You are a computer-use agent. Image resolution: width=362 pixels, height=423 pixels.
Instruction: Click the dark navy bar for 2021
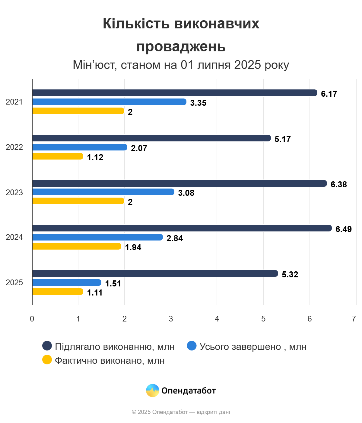coord(174,93)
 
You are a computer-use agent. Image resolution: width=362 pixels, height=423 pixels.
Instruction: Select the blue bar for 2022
coord(80,147)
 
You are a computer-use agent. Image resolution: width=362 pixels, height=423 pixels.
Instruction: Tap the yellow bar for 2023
coord(78,201)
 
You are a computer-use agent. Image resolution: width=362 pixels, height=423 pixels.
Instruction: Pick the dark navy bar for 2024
coord(182,228)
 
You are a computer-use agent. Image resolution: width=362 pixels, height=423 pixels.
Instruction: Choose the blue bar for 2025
coord(67,283)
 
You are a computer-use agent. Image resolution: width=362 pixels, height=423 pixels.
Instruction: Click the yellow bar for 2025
coord(58,292)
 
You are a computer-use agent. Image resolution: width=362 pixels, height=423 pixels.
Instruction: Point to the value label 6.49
coord(344,229)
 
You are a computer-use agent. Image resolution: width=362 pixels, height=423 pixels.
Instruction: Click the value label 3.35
coord(198,103)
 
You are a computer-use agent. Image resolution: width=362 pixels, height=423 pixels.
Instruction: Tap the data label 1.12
coord(95,157)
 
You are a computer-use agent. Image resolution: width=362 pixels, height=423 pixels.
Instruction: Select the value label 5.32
coord(290,274)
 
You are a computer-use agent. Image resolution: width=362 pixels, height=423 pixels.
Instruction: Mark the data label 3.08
coord(186,193)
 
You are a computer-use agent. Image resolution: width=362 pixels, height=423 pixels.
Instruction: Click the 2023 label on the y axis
coord(14,192)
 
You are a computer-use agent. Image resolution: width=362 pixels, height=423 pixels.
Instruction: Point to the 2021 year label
coord(14,102)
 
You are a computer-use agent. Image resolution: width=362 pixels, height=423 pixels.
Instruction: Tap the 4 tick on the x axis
coord(217,319)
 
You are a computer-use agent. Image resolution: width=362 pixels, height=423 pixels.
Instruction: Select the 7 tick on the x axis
coord(354,319)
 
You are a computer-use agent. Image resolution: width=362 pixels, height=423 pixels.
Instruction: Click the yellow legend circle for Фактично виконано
coord(47,360)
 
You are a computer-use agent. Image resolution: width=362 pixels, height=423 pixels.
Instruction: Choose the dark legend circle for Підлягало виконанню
coord(47,346)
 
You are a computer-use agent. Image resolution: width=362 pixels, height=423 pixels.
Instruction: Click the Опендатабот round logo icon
coord(152,390)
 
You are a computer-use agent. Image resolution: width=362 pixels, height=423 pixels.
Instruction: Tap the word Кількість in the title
coord(136,24)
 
